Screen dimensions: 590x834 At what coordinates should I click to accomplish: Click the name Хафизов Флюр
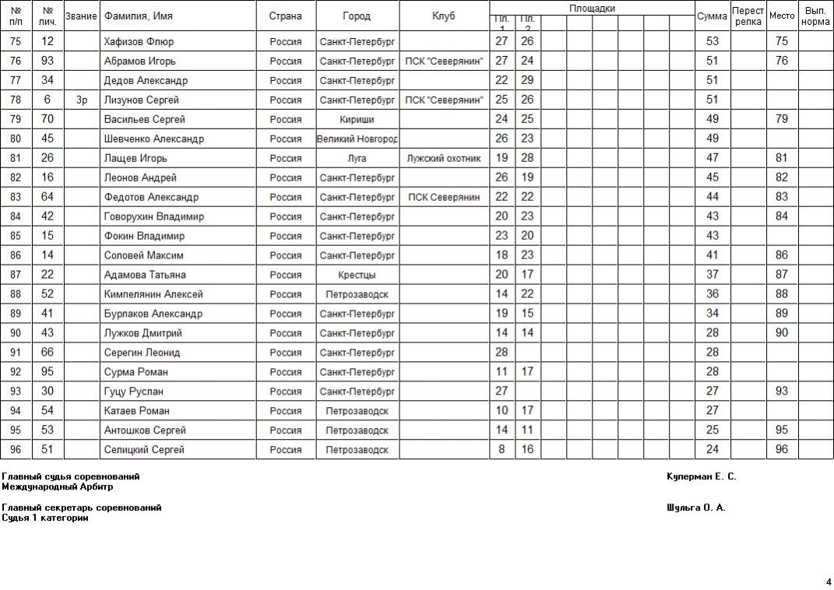pyautogui.click(x=139, y=41)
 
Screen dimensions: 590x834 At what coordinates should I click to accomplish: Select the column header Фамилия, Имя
pyautogui.click(x=139, y=16)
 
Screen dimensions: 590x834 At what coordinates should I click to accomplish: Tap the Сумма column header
pyautogui.click(x=712, y=16)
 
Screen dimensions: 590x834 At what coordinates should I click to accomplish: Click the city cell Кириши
pyautogui.click(x=357, y=119)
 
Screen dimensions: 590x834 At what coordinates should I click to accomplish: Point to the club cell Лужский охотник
pyautogui.click(x=444, y=158)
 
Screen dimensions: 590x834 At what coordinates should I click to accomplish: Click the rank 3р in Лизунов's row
pyautogui.click(x=82, y=100)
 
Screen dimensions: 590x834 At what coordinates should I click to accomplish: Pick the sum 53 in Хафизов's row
pyautogui.click(x=712, y=41)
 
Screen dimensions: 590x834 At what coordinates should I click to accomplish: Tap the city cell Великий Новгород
pyautogui.click(x=357, y=139)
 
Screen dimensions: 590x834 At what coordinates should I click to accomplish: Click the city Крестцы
pyautogui.click(x=357, y=275)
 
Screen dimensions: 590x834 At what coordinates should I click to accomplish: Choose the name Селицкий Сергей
pyautogui.click(x=144, y=449)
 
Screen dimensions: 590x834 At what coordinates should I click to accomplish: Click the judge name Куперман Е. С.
pyautogui.click(x=701, y=476)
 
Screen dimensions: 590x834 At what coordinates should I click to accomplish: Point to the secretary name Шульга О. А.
pyautogui.click(x=695, y=507)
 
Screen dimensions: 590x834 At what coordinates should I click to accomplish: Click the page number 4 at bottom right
pyautogui.click(x=828, y=581)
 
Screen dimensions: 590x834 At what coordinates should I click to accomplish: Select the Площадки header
pyautogui.click(x=592, y=8)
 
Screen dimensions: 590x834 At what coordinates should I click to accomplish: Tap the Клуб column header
pyautogui.click(x=444, y=16)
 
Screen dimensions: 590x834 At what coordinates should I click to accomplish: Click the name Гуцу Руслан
pyautogui.click(x=133, y=392)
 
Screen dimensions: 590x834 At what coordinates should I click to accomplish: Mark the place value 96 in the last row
pyautogui.click(x=782, y=449)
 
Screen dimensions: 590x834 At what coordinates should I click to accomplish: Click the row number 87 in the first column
pyautogui.click(x=16, y=275)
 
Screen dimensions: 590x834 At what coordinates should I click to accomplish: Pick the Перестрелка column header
pyautogui.click(x=748, y=16)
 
